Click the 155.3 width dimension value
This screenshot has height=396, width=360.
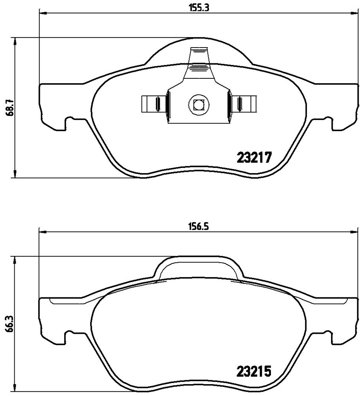[199, 8]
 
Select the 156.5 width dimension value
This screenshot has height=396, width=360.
[199, 227]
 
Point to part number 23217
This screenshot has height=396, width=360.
[254, 158]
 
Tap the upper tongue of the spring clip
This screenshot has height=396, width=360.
[199, 55]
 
